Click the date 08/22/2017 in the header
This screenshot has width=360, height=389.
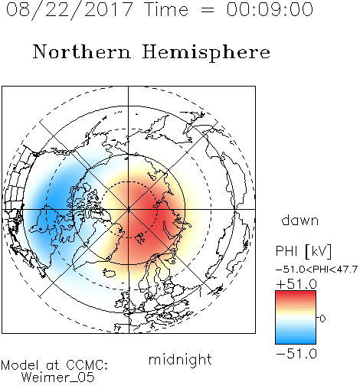[x=69, y=9]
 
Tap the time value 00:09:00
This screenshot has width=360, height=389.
[x=270, y=9]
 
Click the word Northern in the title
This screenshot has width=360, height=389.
[x=82, y=52]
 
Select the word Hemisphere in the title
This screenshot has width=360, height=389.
[x=206, y=52]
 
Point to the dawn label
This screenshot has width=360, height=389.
[x=300, y=221]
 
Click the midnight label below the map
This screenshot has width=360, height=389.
[x=180, y=359]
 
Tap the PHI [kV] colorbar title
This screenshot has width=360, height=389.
[x=303, y=251]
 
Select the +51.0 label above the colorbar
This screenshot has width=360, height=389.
[x=296, y=284]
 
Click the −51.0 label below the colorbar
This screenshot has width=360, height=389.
[x=296, y=354]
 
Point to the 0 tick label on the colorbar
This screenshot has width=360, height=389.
[x=322, y=319]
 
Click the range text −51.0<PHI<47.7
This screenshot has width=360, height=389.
[x=316, y=270]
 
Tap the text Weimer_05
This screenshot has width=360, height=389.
[x=58, y=378]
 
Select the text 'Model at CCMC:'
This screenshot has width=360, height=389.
[x=54, y=365]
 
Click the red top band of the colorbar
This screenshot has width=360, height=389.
[x=296, y=294]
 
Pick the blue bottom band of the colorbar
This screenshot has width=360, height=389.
[x=296, y=341]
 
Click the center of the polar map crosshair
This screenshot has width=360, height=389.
[x=129, y=209]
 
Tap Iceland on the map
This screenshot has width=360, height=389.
[x=109, y=273]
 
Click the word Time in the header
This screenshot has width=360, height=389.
[x=166, y=9]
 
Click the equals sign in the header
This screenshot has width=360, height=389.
[x=208, y=10]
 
